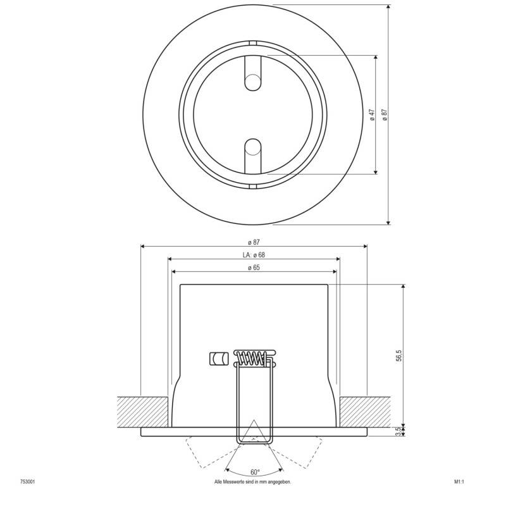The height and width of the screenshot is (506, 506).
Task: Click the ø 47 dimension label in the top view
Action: click(373, 114)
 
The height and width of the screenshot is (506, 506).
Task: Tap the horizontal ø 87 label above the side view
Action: click(253, 242)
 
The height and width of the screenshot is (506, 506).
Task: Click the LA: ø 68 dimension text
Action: click(253, 255)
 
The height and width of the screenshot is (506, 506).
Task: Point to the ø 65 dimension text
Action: click(254, 268)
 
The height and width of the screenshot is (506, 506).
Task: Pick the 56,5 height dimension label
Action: click(399, 355)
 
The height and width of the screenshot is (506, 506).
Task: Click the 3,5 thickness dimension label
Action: click(399, 431)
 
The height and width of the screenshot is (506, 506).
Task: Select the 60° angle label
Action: click(254, 472)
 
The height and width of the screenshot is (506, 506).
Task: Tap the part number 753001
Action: click(27, 482)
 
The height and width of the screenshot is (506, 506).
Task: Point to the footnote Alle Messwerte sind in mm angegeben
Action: click(253, 482)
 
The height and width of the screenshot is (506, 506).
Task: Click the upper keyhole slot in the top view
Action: click(253, 76)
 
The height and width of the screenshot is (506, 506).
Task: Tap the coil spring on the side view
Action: click(252, 358)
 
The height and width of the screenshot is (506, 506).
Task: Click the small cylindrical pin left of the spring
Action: click(218, 359)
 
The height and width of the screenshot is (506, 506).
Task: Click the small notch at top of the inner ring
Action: click(253, 43)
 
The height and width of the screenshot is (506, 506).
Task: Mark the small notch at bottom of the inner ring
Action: click(253, 186)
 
